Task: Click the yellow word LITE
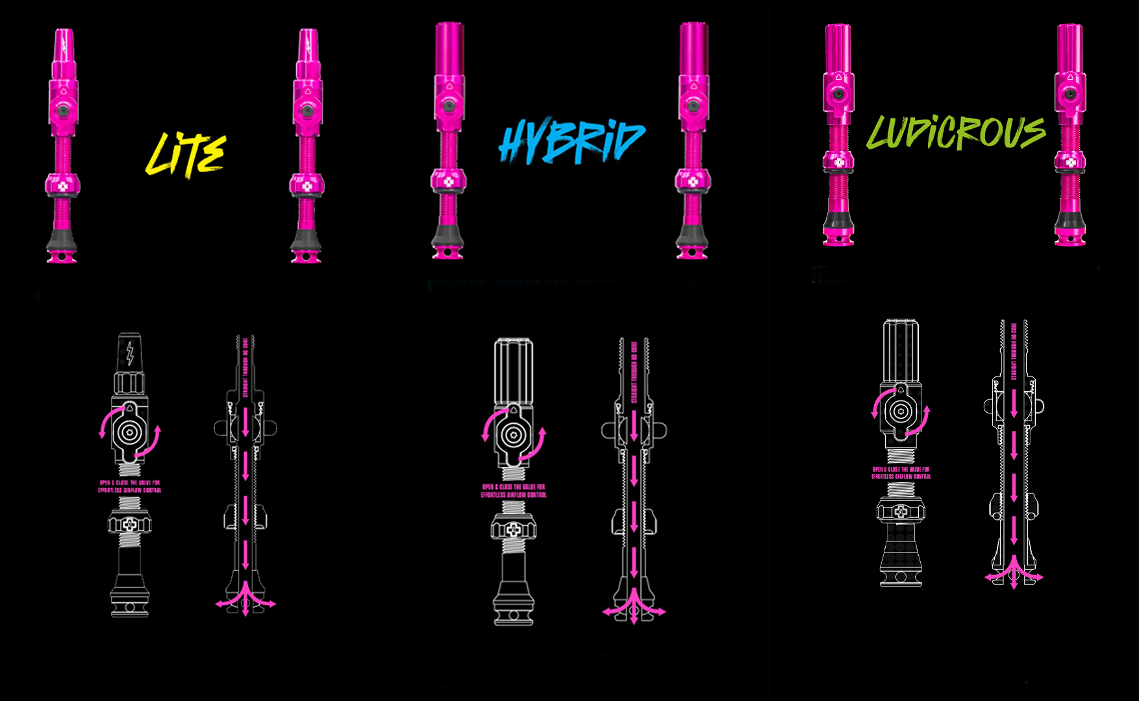186,154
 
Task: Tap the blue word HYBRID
571,141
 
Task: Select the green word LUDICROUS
956,133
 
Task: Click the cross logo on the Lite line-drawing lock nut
130,523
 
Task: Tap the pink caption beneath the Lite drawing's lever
130,487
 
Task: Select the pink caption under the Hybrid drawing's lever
514,491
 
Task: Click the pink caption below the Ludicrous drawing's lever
901,473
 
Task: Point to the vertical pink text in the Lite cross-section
245,367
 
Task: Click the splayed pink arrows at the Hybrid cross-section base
634,610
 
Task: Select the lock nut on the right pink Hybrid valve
693,180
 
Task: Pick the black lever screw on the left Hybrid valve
448,105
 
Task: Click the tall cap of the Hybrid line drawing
514,370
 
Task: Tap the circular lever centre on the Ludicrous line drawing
900,411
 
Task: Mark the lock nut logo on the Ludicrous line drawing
900,511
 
